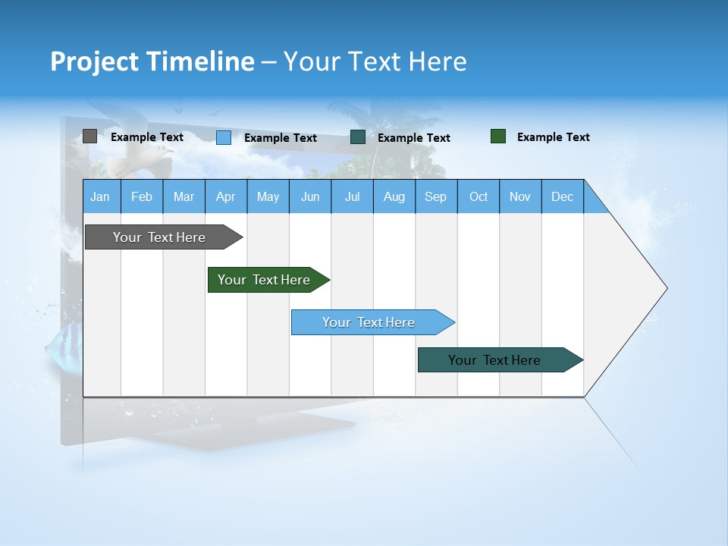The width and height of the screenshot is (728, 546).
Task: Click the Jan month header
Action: (x=100, y=196)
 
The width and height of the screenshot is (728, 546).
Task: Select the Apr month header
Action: (x=225, y=196)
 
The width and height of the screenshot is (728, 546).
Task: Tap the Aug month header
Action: (x=394, y=196)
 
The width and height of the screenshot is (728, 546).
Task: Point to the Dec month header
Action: (x=562, y=196)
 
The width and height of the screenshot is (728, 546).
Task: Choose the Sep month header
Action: (x=435, y=196)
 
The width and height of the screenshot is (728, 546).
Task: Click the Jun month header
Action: (x=309, y=196)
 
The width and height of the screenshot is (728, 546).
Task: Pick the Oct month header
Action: (x=478, y=196)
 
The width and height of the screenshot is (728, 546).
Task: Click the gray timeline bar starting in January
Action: (x=159, y=237)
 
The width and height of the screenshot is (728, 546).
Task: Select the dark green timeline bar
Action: (x=264, y=280)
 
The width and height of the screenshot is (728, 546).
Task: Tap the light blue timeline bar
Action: (x=369, y=322)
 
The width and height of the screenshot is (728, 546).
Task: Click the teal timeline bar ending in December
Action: (x=494, y=360)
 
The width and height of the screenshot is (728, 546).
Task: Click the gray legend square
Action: (x=89, y=136)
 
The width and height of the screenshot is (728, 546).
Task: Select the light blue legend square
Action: (x=223, y=137)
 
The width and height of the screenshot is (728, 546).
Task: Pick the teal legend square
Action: (x=358, y=137)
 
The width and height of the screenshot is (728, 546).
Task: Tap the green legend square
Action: (x=497, y=136)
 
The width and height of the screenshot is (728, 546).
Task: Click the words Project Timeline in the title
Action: (x=152, y=61)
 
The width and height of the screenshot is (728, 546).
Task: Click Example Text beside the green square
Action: (x=553, y=137)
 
